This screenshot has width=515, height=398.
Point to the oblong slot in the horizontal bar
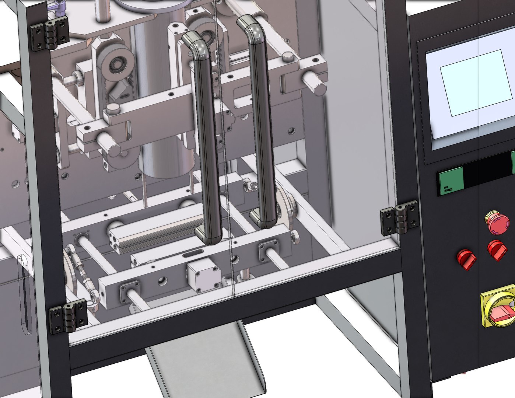coord(192,254)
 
